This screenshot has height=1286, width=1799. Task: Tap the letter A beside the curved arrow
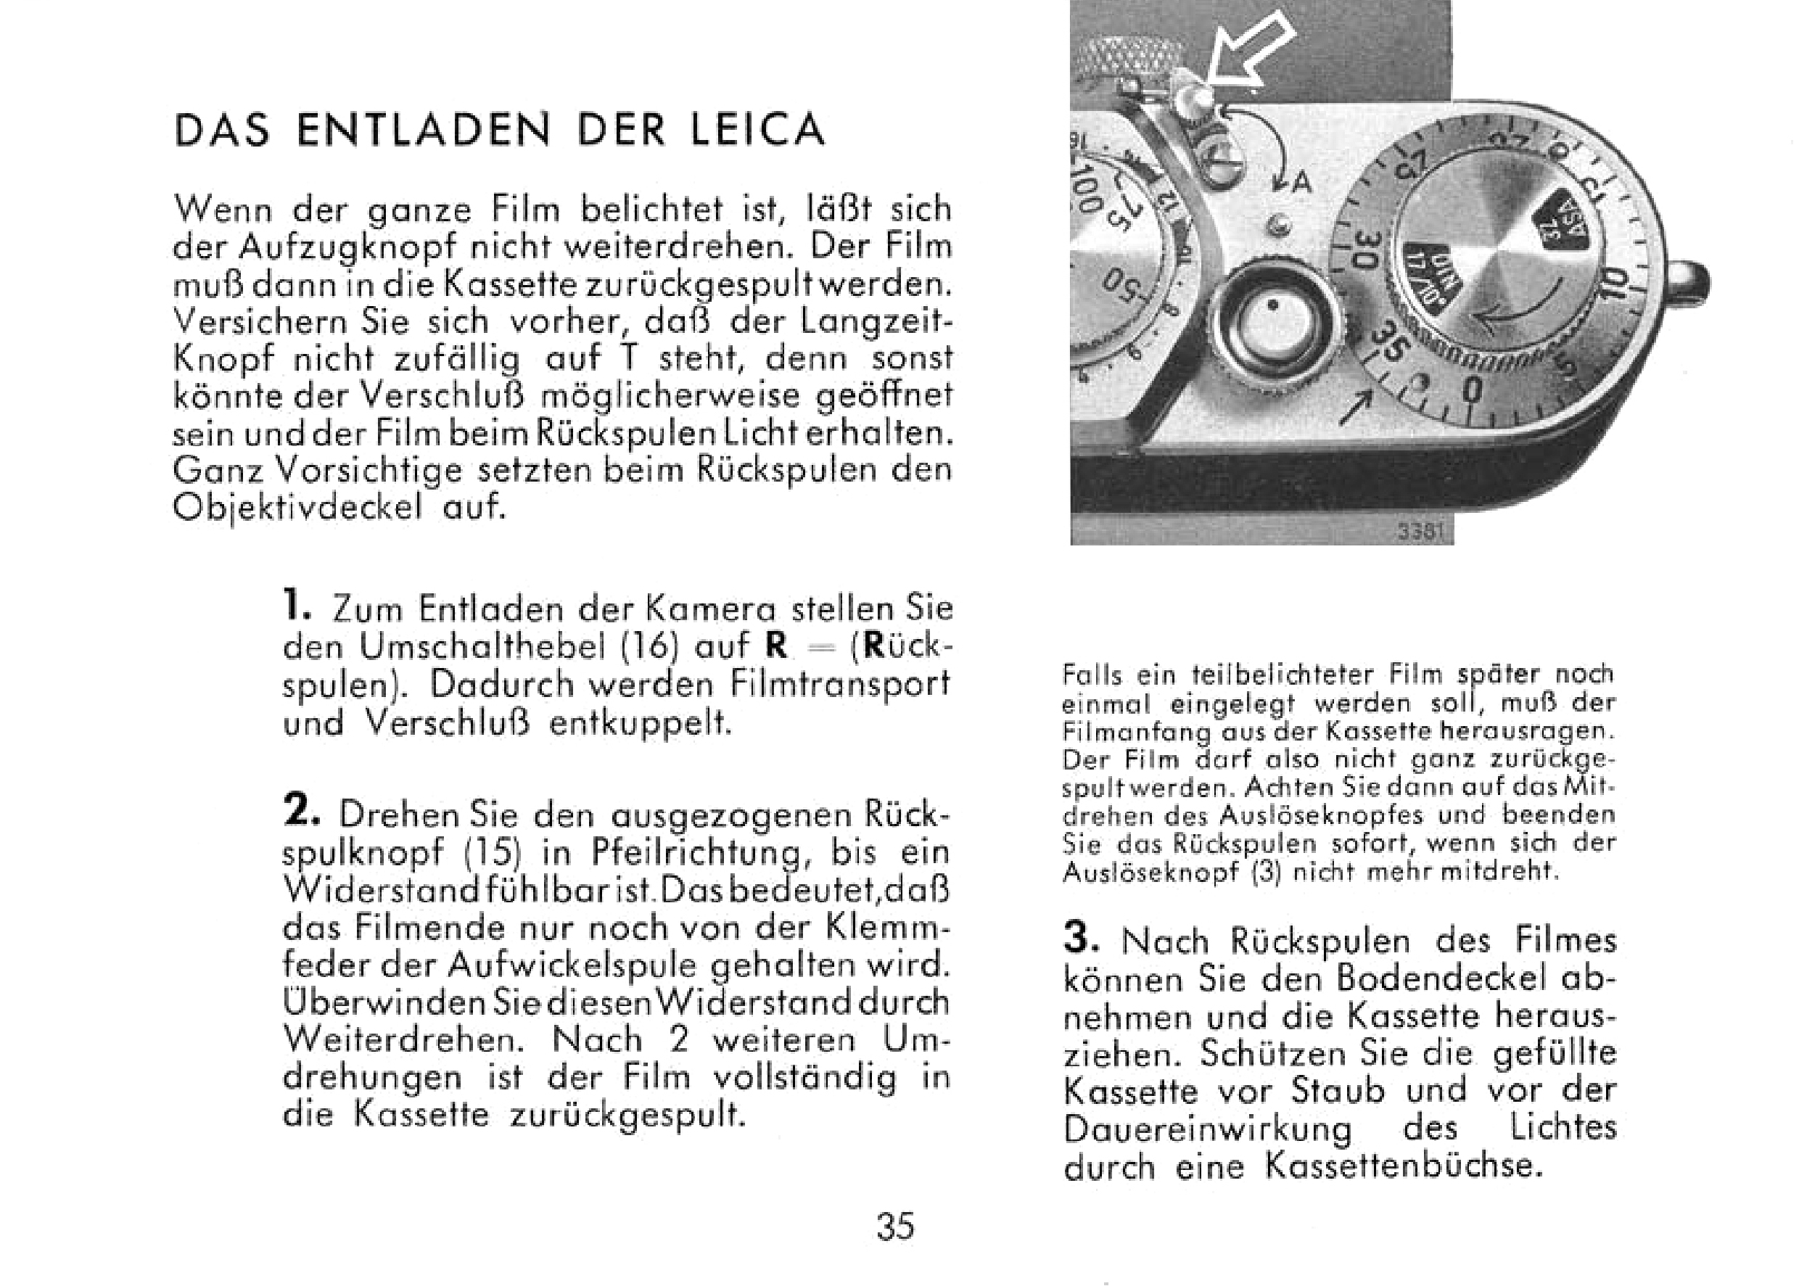(1301, 184)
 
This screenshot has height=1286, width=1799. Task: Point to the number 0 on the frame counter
(1472, 390)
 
